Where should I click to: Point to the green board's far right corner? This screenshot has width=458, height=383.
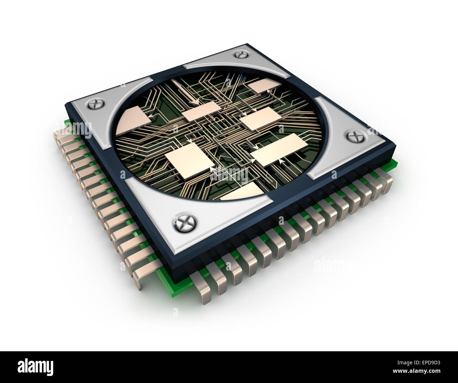(x=397, y=163)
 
